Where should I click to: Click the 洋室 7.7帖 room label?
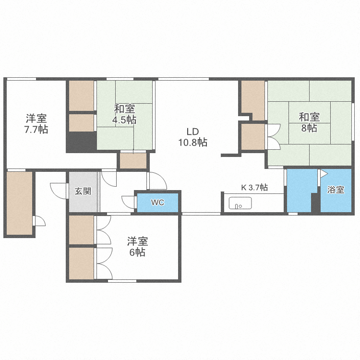point(36,123)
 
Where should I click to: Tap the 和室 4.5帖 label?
point(125,114)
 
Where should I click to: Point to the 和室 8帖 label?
point(309,122)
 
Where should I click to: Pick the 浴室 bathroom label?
point(336,190)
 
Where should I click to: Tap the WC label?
point(158,203)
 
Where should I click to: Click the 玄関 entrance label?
point(83,191)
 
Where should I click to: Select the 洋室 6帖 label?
point(137,246)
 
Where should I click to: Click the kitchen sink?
point(240,203)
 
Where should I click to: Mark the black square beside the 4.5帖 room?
point(81,142)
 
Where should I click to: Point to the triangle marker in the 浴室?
point(324,173)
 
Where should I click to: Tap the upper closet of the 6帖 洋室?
point(82,229)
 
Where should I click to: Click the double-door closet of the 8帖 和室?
point(253,137)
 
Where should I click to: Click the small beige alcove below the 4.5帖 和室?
point(133,161)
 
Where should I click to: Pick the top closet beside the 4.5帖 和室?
point(81,96)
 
